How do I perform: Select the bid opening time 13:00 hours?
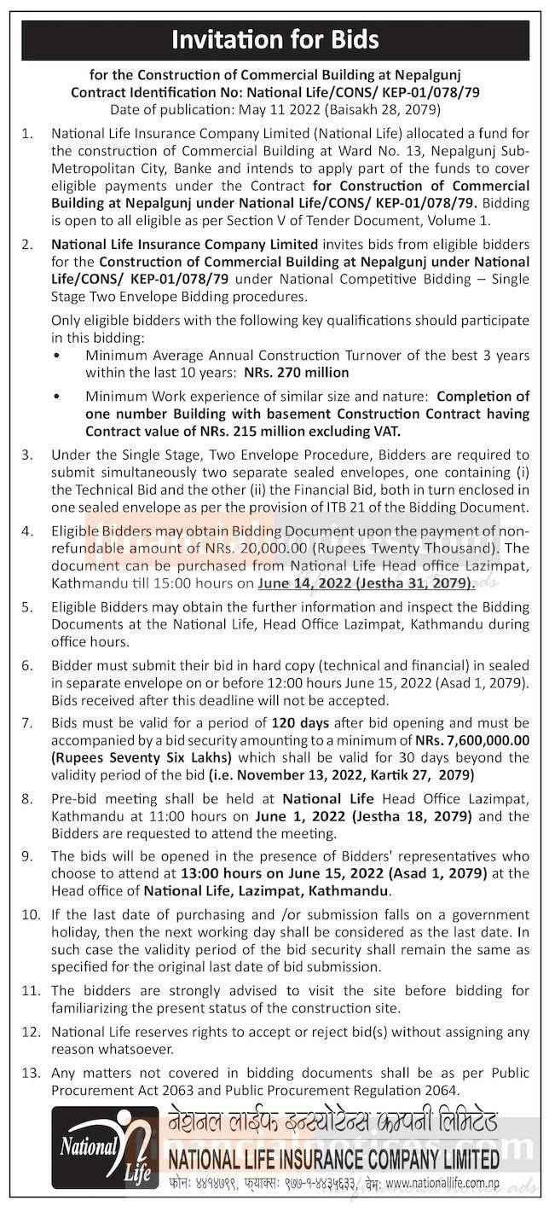point(217,875)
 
